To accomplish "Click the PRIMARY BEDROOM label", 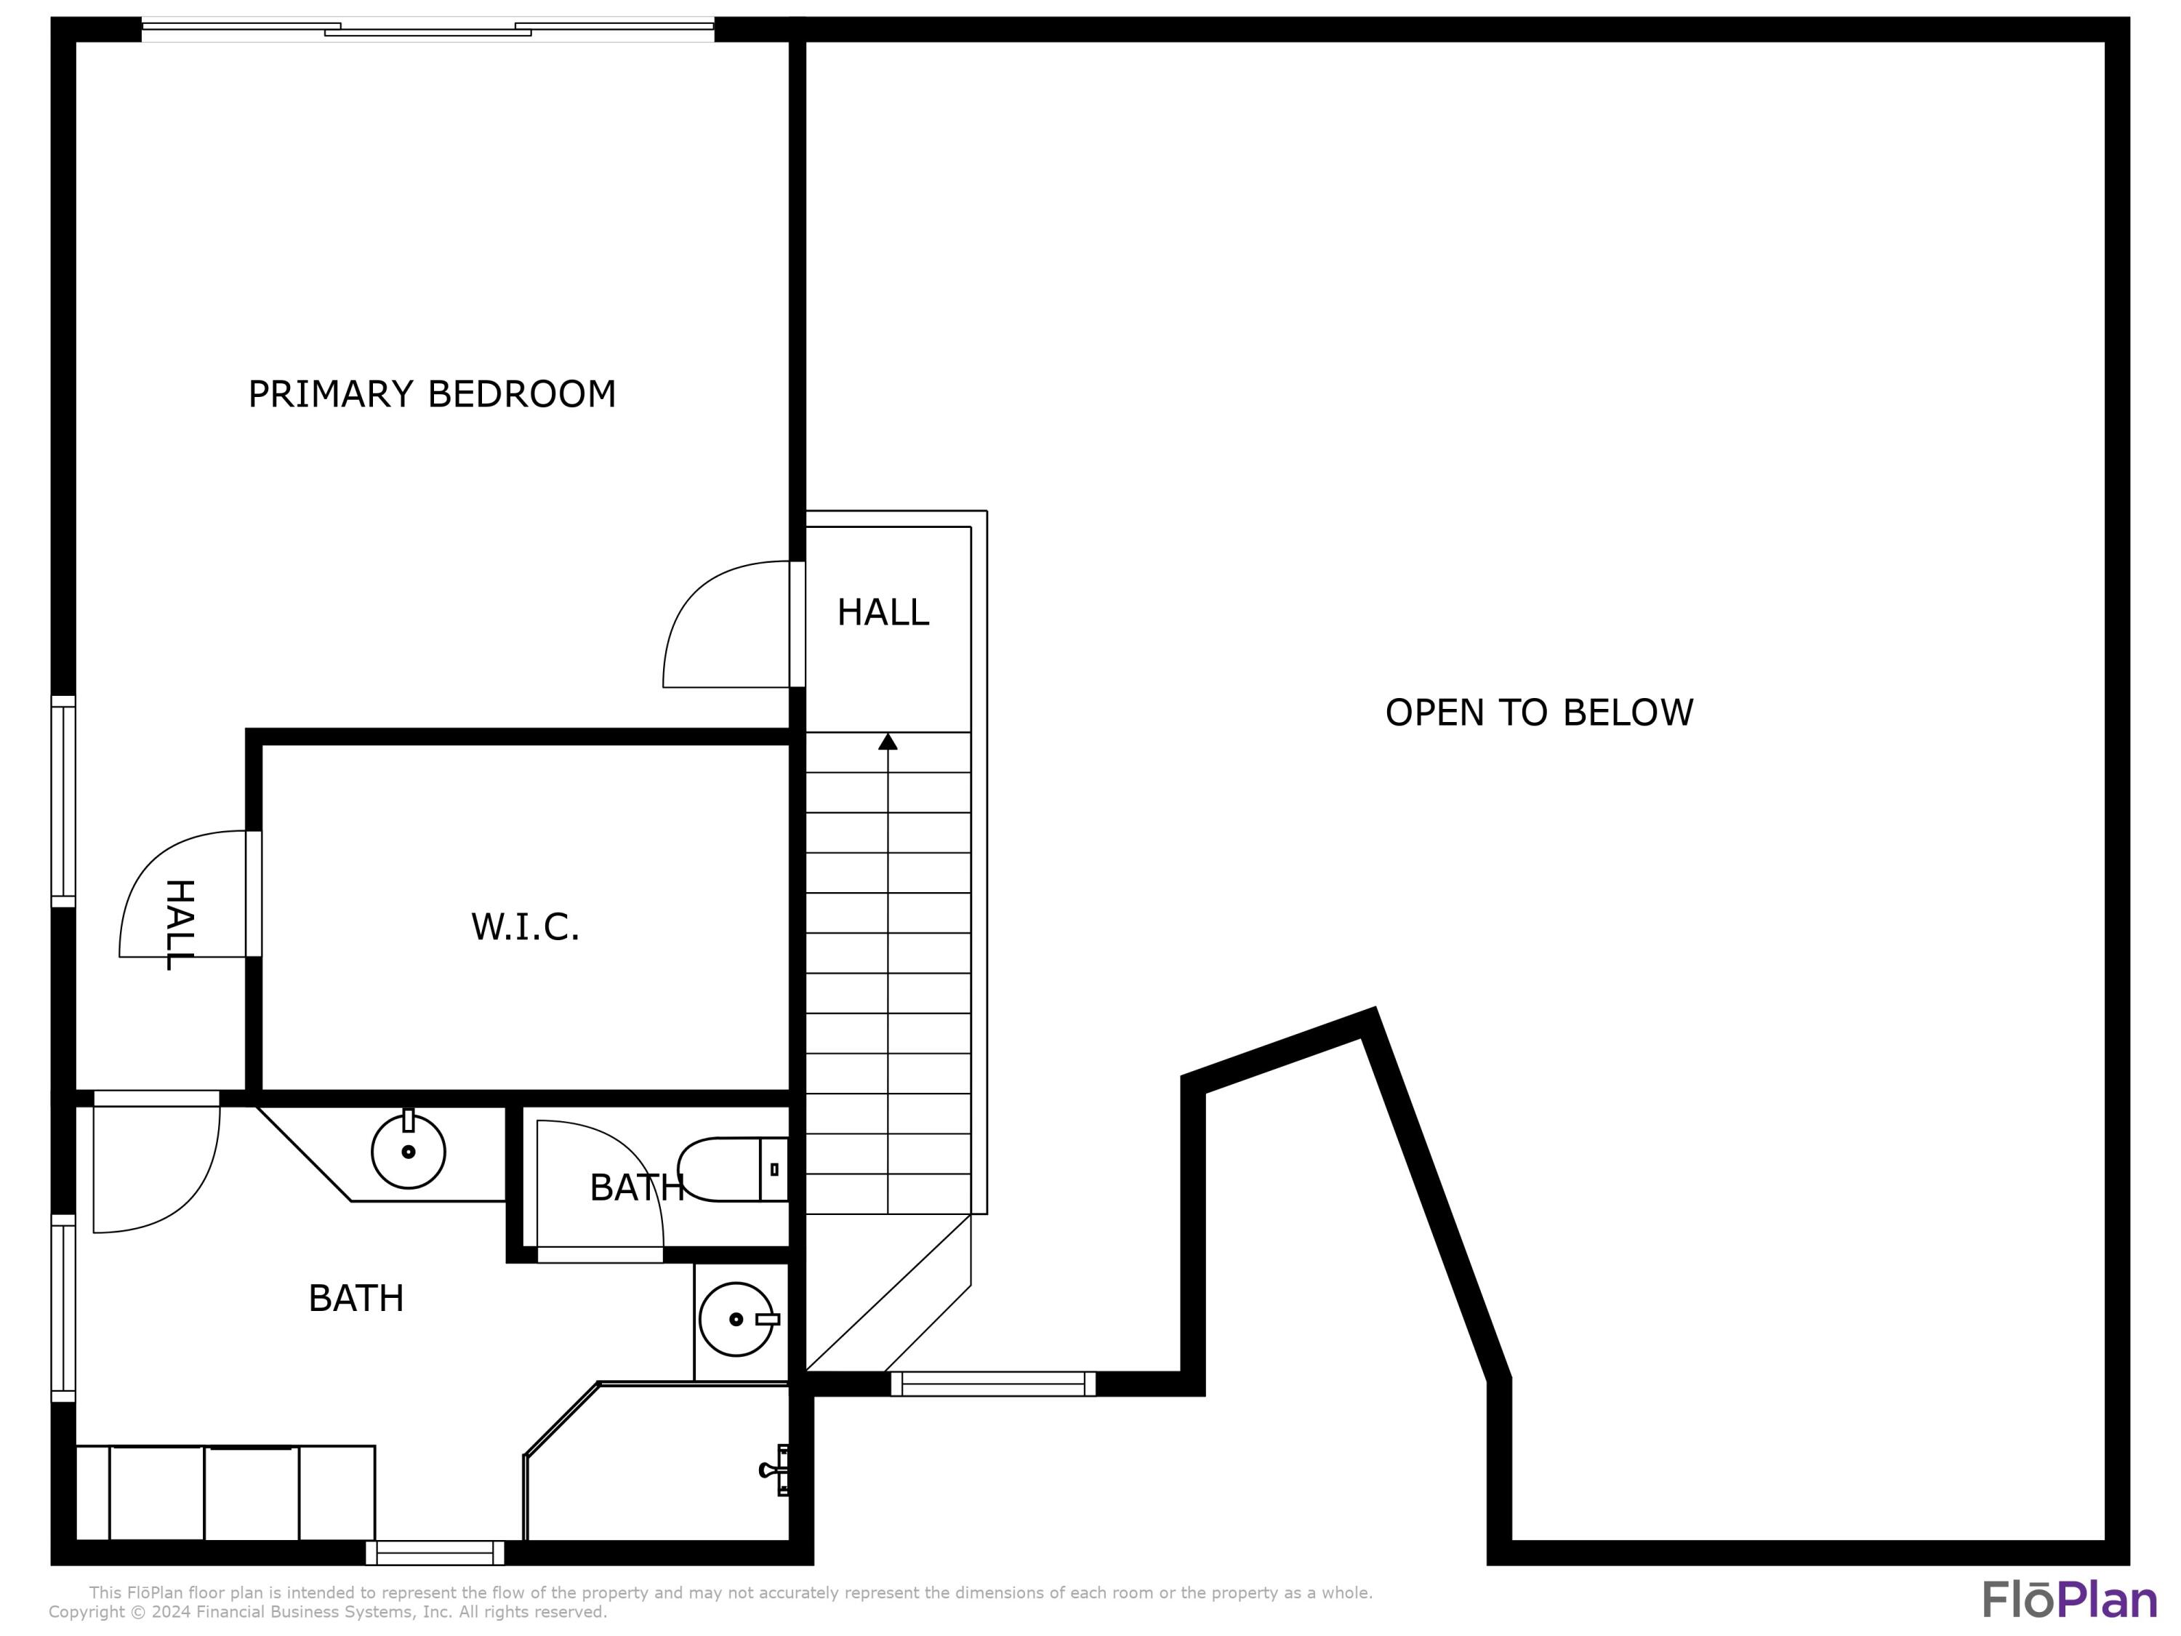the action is point(432,394).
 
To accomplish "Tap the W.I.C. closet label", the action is point(525,927).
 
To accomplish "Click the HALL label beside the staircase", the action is point(883,612).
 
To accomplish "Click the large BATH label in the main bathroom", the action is point(356,1298).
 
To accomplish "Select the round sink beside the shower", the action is point(736,1320).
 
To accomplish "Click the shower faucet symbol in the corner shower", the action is point(774,1470).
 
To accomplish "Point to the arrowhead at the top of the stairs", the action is point(888,742).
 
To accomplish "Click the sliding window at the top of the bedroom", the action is point(428,30).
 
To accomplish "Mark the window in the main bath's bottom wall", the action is point(435,1552).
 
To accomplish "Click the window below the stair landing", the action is point(993,1384).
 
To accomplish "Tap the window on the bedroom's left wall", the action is point(63,801).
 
